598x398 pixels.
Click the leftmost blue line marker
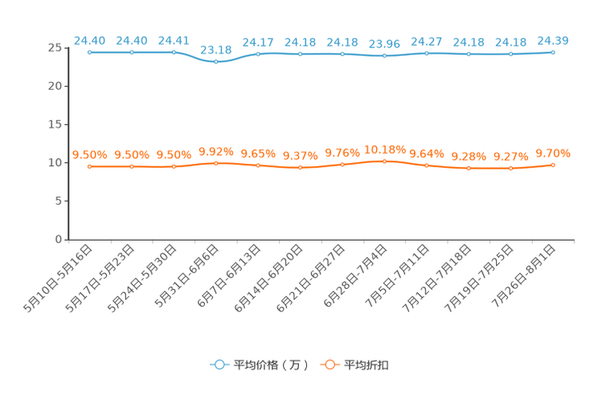pyautogui.click(x=90, y=52)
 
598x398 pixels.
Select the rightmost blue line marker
pyautogui.click(x=553, y=52)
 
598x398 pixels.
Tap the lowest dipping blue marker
pyautogui.click(x=215, y=62)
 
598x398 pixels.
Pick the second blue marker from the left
pyautogui.click(x=132, y=52)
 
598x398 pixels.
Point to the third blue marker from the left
pyautogui.click(x=174, y=52)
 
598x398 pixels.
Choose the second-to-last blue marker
pyautogui.click(x=510, y=54)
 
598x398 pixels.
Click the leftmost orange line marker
pyautogui.click(x=90, y=166)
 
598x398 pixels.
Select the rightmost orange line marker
pyautogui.click(x=553, y=164)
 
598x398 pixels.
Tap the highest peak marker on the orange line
pyautogui.click(x=384, y=161)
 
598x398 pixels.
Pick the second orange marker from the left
pyautogui.click(x=132, y=166)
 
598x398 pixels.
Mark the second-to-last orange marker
pyautogui.click(x=510, y=169)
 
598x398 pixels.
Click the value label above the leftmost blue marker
pyautogui.click(x=89, y=39)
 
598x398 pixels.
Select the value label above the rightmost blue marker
pyautogui.click(x=553, y=39)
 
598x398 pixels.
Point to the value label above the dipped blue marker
pyautogui.click(x=215, y=49)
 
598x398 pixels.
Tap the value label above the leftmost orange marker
pyautogui.click(x=89, y=154)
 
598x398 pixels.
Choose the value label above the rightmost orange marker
pyautogui.click(x=553, y=152)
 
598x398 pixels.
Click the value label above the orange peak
pyautogui.click(x=384, y=148)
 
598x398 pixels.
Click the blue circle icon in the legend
pyautogui.click(x=219, y=365)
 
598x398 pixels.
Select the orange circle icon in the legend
pyautogui.click(x=329, y=365)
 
